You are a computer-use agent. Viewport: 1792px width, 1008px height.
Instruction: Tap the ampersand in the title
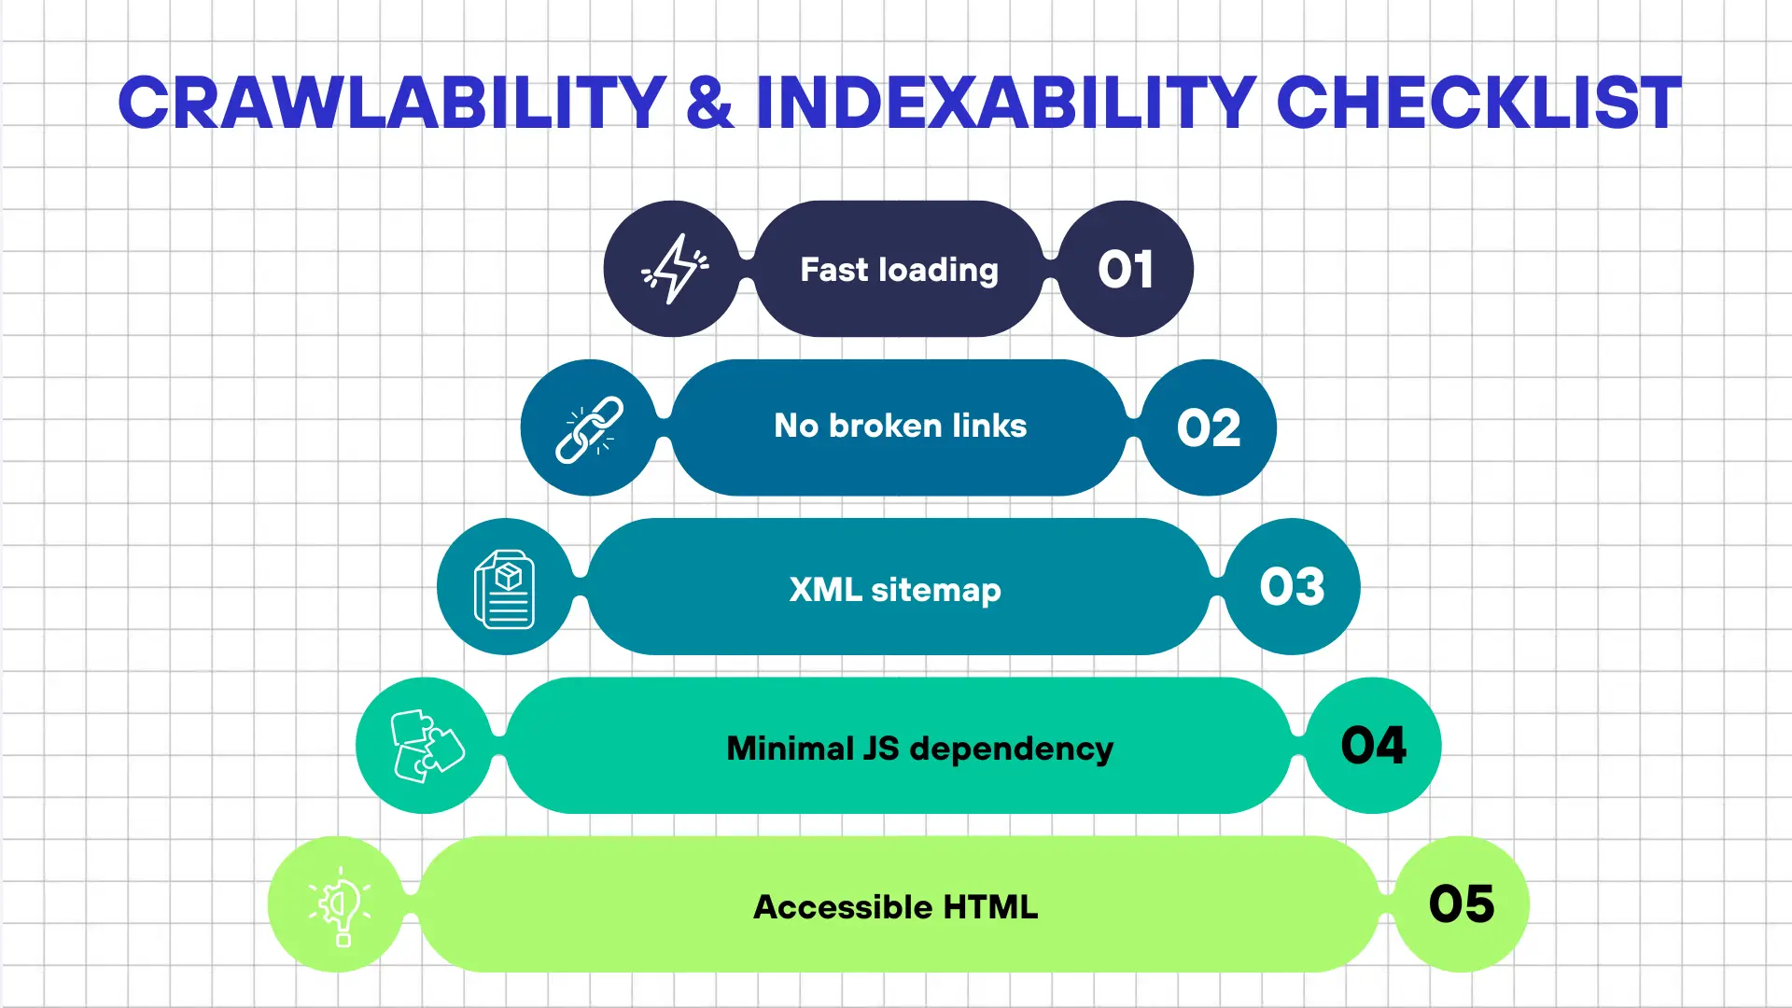(709, 103)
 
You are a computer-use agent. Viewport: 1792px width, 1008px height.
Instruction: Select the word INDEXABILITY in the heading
(1005, 103)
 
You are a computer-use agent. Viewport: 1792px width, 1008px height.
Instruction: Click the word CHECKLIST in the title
(1478, 103)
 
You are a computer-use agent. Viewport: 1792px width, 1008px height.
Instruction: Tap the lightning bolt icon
(674, 269)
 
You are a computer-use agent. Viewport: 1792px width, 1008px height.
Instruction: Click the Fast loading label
(899, 270)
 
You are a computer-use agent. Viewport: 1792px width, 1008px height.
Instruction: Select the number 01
(1126, 270)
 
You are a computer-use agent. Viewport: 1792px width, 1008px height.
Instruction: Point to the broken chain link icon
(589, 428)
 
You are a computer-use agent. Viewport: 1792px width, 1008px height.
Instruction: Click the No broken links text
(900, 427)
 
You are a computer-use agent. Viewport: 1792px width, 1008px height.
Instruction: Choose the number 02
(1209, 428)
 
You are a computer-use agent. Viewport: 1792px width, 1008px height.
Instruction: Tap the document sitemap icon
(505, 588)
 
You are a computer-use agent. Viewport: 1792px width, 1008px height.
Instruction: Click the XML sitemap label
(894, 590)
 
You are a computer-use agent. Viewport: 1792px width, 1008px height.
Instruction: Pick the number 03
(1292, 587)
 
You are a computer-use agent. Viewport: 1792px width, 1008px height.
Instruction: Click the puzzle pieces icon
(426, 746)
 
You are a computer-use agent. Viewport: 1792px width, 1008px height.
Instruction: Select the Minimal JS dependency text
(919, 749)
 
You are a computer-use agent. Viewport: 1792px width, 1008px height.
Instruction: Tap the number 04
(1373, 746)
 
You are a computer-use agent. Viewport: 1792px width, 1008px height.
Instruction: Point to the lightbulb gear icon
(340, 904)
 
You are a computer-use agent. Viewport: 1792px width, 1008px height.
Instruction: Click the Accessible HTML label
(895, 907)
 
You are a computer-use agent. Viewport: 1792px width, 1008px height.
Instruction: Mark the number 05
(1462, 904)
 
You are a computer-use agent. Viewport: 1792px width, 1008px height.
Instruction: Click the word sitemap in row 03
(935, 591)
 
